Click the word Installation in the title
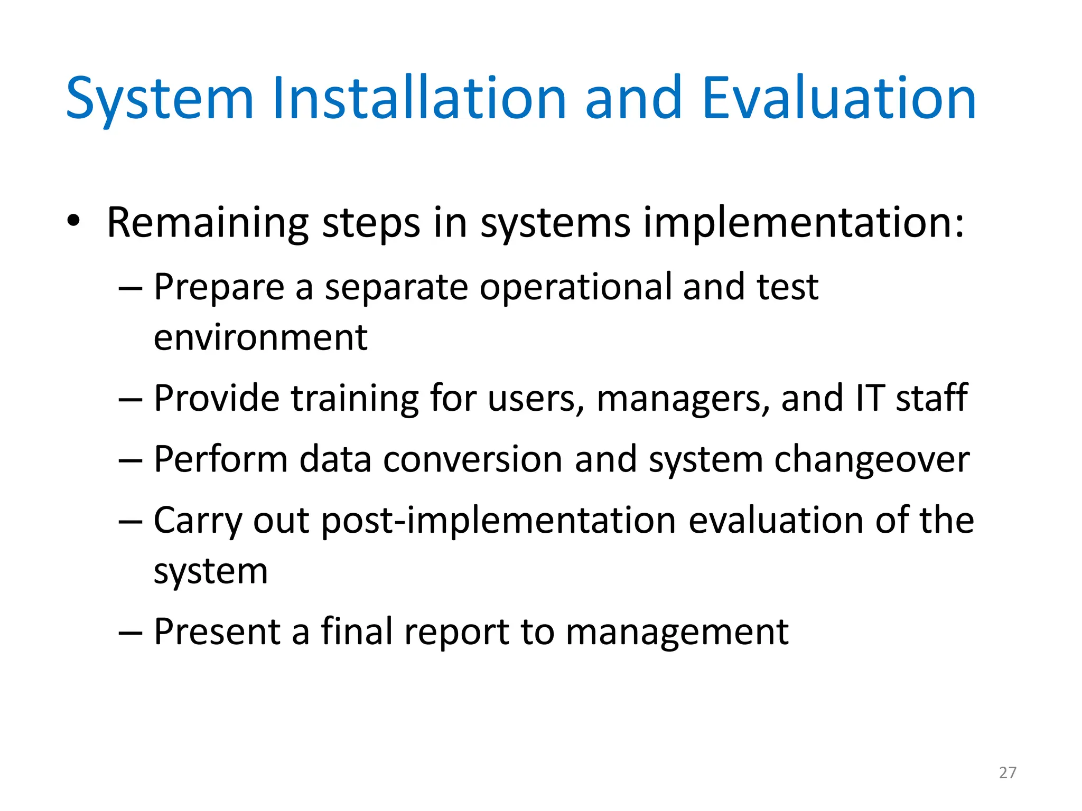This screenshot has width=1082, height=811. pyautogui.click(x=419, y=99)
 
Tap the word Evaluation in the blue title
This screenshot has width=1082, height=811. pyautogui.click(x=839, y=99)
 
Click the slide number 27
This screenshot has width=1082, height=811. pyautogui.click(x=1008, y=772)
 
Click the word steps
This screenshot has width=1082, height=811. pyautogui.click(x=371, y=223)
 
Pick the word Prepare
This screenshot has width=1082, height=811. pyautogui.click(x=219, y=288)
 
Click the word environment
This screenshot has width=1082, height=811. pyautogui.click(x=260, y=338)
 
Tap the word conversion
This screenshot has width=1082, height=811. pyautogui.click(x=473, y=459)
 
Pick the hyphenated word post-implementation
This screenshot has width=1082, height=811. pyautogui.click(x=498, y=522)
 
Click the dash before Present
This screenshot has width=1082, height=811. pyautogui.click(x=130, y=632)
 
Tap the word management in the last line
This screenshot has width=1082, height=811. pyautogui.click(x=677, y=633)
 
